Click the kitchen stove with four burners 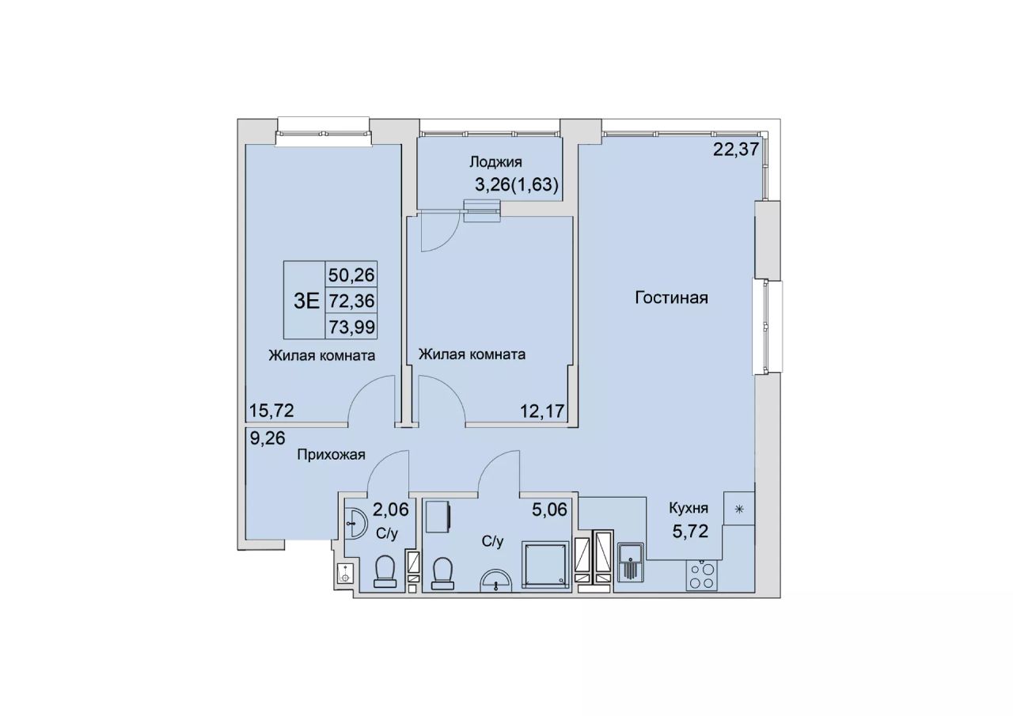pos(701,575)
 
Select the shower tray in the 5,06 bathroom pos(545,565)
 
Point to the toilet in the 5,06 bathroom pos(442,574)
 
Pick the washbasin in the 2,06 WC pos(354,524)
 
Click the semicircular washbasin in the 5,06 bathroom pos(496,580)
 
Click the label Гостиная pos(672,298)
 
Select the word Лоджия pos(496,162)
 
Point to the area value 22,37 pos(736,149)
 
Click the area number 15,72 pos(271,411)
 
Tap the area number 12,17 pos(542,411)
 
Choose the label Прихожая pos(331,454)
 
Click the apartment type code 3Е pos(306,301)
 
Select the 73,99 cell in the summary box pos(352,327)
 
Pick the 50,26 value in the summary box pos(352,275)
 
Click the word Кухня pos(689,509)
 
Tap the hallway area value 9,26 pos(267,438)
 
